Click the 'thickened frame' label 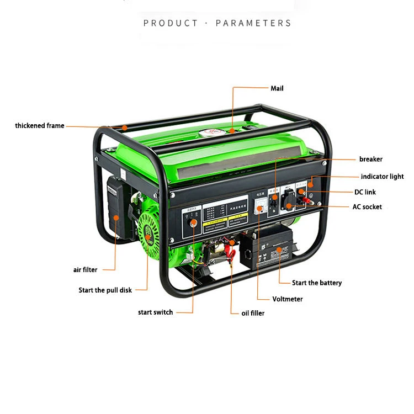click(x=40, y=126)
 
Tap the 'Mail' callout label click(x=277, y=88)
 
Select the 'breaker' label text click(x=370, y=159)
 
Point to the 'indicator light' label click(x=382, y=177)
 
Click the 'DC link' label click(x=365, y=192)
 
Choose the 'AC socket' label click(x=367, y=207)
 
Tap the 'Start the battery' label click(x=317, y=283)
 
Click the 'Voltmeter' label click(x=288, y=299)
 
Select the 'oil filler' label click(x=253, y=313)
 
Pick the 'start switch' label click(x=155, y=312)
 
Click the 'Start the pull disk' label click(x=105, y=290)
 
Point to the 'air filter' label click(x=85, y=270)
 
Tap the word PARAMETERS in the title click(x=253, y=23)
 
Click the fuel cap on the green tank click(x=212, y=132)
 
